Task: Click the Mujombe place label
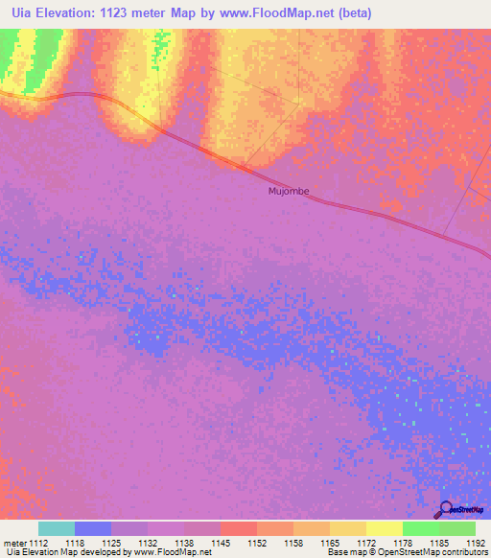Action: click(x=288, y=191)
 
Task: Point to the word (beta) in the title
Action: click(x=350, y=13)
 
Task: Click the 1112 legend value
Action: click(x=37, y=542)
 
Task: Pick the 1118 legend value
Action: click(x=74, y=542)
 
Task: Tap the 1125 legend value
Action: click(x=110, y=542)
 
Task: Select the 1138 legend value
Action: click(x=183, y=542)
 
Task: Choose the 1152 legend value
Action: click(x=256, y=542)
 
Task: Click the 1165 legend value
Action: click(x=329, y=542)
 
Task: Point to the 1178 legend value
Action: click(x=402, y=542)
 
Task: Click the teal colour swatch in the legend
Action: click(x=56, y=528)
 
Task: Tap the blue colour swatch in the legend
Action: click(x=92, y=528)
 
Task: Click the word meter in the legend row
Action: click(x=13, y=542)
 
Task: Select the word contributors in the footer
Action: click(x=463, y=552)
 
